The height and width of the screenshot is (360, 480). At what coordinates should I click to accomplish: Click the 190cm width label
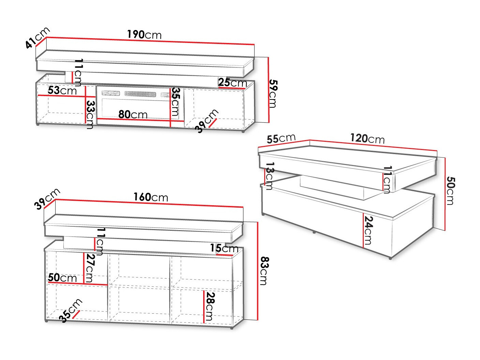(144, 35)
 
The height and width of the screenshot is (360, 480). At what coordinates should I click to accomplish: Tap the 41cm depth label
(37, 38)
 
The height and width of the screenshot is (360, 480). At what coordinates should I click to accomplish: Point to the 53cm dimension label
(62, 90)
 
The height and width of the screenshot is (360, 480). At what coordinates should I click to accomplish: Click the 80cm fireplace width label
(133, 114)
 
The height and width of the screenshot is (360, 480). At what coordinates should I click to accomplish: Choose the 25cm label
(232, 82)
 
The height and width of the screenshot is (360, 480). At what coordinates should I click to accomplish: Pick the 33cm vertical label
(90, 115)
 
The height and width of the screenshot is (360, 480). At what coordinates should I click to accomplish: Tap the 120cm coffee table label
(367, 138)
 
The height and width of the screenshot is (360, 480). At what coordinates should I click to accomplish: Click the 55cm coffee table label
(281, 138)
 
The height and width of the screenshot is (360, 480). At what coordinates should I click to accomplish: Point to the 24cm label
(368, 230)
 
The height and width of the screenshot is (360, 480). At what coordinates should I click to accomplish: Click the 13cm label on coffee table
(270, 176)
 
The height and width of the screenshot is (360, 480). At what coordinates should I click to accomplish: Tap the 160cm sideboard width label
(151, 197)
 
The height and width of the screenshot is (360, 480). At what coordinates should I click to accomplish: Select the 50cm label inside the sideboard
(62, 277)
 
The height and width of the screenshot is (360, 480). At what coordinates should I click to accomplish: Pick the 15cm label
(224, 248)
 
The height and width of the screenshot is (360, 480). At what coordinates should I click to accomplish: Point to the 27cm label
(89, 268)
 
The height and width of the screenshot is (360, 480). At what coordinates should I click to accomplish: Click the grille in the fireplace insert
(140, 94)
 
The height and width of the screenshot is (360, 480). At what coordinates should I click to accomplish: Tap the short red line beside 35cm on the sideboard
(76, 314)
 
